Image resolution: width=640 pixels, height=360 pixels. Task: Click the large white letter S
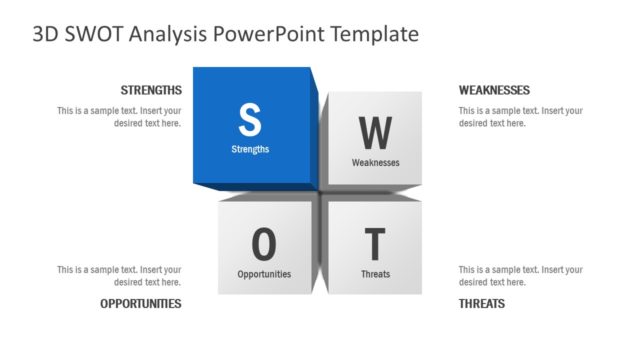pyautogui.click(x=250, y=119)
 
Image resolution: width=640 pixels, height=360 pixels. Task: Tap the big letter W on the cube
pyautogui.click(x=375, y=132)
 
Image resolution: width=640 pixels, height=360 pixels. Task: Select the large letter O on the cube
pyautogui.click(x=264, y=243)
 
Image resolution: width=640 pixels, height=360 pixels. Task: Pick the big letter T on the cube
pyautogui.click(x=375, y=244)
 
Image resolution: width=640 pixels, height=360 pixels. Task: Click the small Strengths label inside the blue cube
pyautogui.click(x=250, y=149)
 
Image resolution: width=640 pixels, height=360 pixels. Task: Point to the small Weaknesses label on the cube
pyautogui.click(x=375, y=162)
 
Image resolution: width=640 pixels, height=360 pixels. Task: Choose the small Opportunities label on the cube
pyautogui.click(x=264, y=273)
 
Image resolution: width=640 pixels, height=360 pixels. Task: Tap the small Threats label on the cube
pyautogui.click(x=375, y=274)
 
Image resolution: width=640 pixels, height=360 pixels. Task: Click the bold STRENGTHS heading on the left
pyautogui.click(x=151, y=90)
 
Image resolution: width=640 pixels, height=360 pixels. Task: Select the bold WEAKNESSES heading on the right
pyautogui.click(x=494, y=90)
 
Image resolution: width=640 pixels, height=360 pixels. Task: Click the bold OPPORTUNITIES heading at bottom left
pyautogui.click(x=141, y=303)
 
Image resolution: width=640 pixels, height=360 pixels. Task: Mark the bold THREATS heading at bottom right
pyautogui.click(x=482, y=303)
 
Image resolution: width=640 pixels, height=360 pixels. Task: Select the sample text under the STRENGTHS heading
pyautogui.click(x=119, y=117)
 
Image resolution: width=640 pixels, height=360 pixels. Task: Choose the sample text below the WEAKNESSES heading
pyautogui.click(x=520, y=117)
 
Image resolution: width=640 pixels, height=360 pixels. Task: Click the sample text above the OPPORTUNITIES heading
pyautogui.click(x=119, y=276)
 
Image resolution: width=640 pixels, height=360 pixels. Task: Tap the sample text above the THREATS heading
pyautogui.click(x=520, y=276)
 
